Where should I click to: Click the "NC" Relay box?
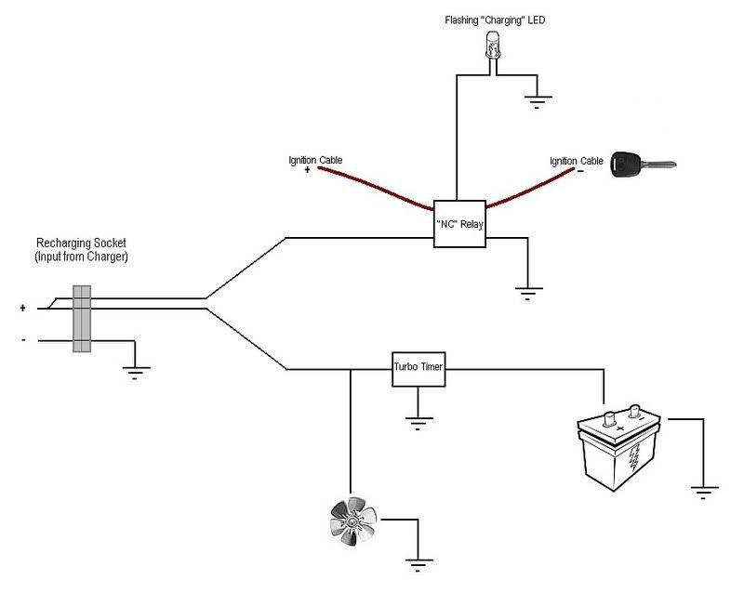point(459,224)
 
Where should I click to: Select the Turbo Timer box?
point(418,369)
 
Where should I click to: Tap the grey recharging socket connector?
point(82,319)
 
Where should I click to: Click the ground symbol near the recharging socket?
point(136,374)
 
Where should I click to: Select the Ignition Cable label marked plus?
point(315,161)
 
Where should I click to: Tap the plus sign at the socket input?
point(22,306)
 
